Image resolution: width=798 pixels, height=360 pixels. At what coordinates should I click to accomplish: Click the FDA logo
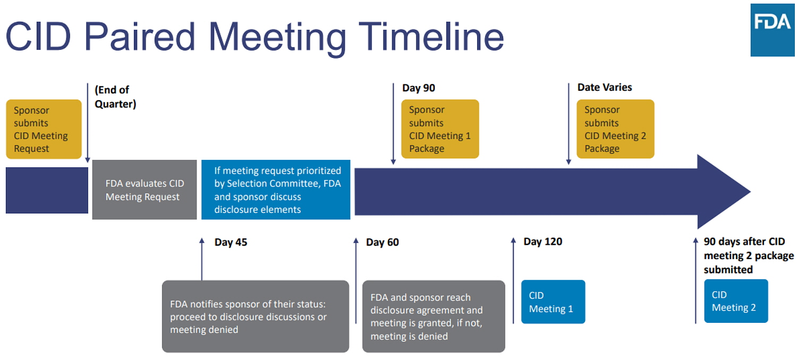point(772,30)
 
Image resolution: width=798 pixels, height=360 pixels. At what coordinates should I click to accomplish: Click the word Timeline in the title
point(431,36)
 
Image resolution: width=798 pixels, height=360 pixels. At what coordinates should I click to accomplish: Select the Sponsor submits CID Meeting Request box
point(44,129)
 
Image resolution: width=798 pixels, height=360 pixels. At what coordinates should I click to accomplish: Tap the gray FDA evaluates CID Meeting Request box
point(145,190)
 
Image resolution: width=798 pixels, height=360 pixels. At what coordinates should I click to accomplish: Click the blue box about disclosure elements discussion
point(276,190)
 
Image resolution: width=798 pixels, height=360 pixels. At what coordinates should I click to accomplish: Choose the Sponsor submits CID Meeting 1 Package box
point(440,129)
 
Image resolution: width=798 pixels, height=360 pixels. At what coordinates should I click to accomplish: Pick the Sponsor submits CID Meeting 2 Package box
point(615,129)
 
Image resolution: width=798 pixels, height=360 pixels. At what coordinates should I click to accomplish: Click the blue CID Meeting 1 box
point(553,302)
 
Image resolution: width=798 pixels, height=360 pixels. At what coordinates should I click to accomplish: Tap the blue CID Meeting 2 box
point(736,301)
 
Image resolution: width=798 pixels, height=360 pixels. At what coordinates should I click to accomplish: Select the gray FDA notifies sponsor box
point(256,316)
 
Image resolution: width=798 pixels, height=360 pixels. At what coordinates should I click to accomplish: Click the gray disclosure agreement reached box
point(434,316)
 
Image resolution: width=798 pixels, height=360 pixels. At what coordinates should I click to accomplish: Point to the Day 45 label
point(231,242)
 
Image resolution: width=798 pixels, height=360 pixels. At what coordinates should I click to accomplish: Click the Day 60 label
point(382,242)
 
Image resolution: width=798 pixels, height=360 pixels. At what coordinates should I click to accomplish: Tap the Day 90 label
point(419,88)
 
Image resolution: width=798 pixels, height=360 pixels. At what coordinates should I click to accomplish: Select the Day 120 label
point(543,242)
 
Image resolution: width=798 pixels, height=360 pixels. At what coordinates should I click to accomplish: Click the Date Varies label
point(605,87)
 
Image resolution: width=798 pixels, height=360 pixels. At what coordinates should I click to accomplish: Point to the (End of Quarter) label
point(115,97)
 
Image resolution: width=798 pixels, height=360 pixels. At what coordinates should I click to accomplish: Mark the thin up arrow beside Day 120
point(513,280)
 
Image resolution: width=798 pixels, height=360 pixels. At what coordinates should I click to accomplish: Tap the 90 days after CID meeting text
point(749,255)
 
